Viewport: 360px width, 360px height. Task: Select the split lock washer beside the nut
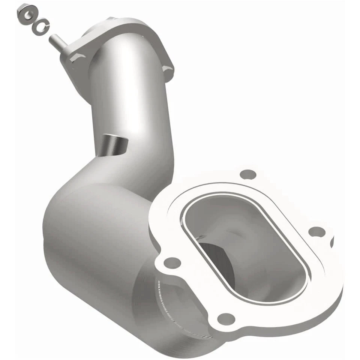[40, 26]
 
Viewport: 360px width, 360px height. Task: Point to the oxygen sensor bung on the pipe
[114, 144]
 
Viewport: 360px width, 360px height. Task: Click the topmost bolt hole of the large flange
[248, 174]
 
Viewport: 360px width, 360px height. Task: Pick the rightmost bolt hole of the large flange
[317, 232]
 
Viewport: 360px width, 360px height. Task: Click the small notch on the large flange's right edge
[331, 242]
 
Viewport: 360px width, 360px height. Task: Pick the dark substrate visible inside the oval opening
[217, 259]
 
